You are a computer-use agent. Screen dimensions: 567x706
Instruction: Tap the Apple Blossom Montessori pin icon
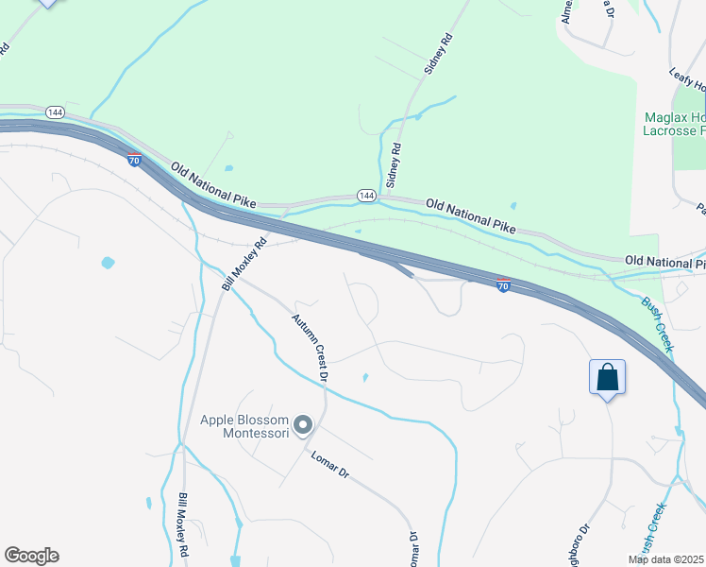pos(303,426)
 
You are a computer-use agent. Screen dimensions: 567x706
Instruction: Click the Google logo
pos(31,556)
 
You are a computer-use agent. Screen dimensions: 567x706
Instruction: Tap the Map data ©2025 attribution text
pos(665,558)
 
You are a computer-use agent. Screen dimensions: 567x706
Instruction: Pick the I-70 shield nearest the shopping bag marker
pos(504,284)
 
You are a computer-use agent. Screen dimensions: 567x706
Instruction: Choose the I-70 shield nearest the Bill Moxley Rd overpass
pos(135,161)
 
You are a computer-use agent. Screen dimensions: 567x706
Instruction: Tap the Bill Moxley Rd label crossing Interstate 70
pos(244,264)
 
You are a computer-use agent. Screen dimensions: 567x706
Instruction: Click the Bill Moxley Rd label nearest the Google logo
pos(183,524)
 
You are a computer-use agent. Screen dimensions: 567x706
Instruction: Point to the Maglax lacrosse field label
pos(674,124)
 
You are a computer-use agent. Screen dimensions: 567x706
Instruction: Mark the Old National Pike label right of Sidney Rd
pos(471,215)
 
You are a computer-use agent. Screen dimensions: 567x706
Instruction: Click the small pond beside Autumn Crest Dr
pos(364,378)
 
